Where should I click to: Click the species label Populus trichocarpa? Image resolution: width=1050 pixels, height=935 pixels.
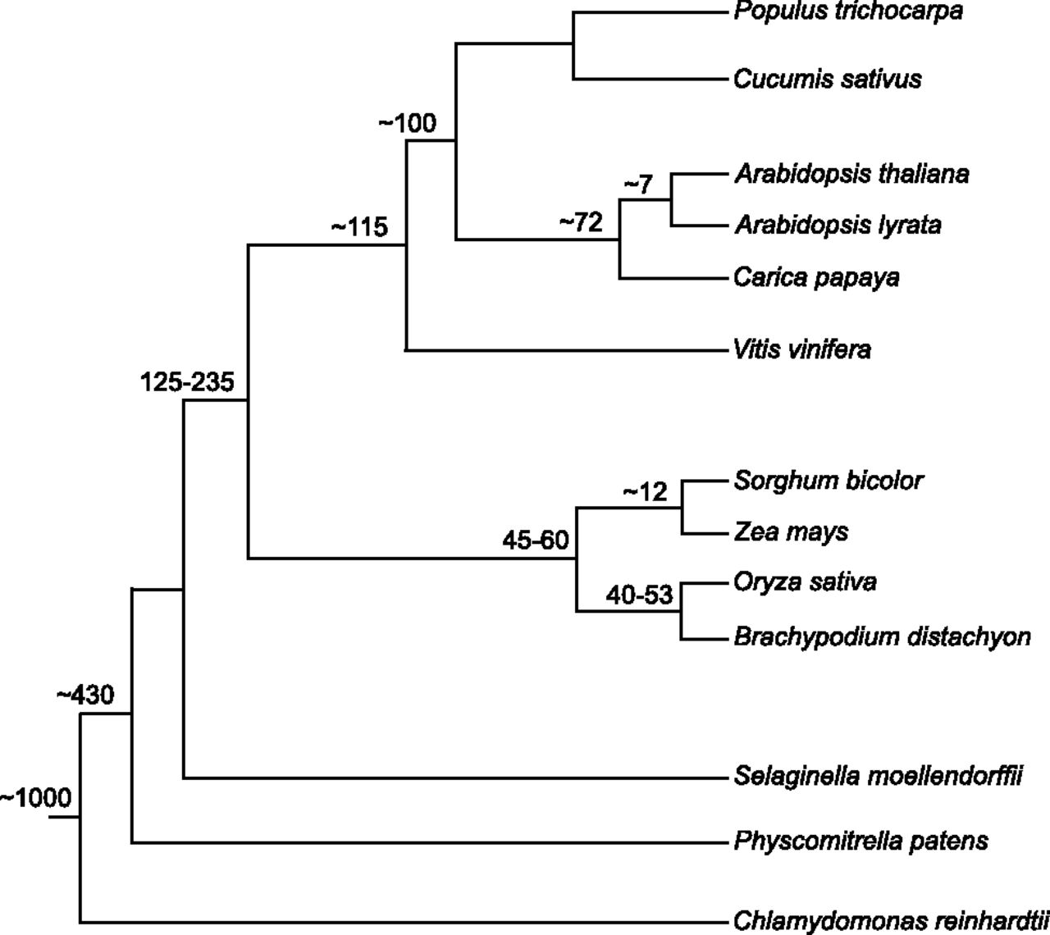848,11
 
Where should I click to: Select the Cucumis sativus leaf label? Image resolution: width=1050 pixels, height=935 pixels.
827,80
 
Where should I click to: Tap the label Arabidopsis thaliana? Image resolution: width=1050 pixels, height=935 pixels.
851,174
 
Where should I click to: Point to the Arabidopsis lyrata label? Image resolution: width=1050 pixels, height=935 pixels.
838,226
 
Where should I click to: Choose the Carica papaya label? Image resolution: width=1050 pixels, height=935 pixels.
816,279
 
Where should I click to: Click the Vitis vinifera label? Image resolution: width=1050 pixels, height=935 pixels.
801,350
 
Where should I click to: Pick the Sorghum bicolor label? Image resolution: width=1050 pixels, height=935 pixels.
829,481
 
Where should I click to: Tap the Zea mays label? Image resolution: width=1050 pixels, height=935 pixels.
791,532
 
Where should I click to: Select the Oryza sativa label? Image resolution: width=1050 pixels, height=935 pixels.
805,582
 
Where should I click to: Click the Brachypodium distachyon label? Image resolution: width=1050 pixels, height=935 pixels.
882,636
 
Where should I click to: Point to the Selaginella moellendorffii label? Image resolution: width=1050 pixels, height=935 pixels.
878,777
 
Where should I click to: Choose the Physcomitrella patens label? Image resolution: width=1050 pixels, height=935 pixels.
861,841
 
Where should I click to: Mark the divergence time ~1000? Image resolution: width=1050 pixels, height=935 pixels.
35,799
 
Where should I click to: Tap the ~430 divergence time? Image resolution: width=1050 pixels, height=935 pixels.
85,696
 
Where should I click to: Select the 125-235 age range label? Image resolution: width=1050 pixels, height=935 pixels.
187,382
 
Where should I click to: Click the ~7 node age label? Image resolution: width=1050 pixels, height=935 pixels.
638,184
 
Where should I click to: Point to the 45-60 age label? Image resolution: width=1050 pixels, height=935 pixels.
536,540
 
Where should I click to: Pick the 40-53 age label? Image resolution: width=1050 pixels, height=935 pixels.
639,595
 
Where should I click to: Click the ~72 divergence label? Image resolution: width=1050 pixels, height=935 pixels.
581,223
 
